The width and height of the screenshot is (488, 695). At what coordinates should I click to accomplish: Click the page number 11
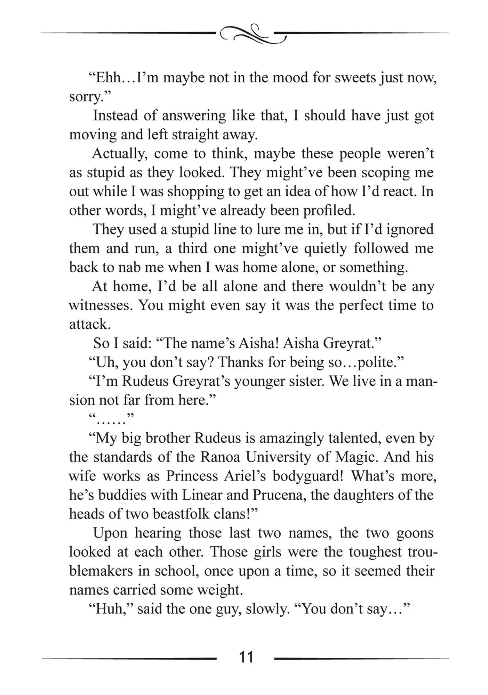click(246, 657)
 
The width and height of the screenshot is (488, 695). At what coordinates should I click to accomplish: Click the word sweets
click(355, 78)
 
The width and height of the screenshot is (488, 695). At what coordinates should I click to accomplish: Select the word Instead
click(115, 116)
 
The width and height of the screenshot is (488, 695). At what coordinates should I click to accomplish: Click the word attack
click(89, 324)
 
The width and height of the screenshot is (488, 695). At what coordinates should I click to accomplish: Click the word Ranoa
click(220, 457)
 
